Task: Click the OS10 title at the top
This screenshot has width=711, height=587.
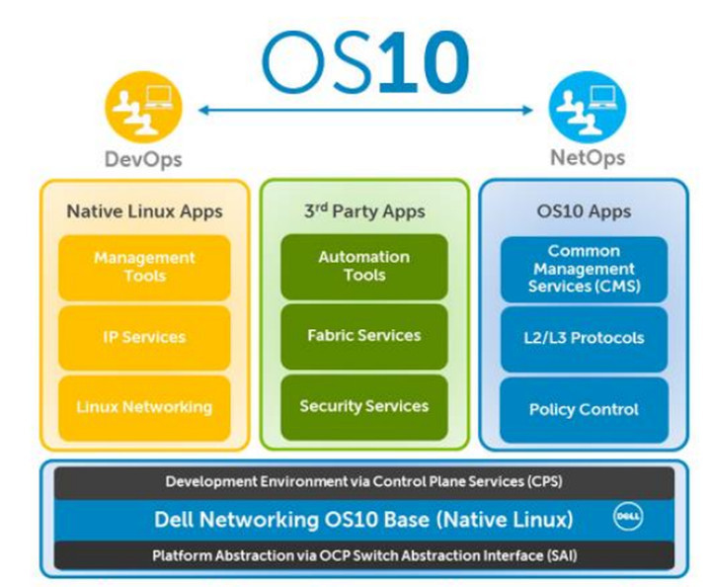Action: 364,63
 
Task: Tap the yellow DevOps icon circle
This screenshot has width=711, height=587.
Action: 143,111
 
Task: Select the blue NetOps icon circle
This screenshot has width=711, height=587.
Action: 587,111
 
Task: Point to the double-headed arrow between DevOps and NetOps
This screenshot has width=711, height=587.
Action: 364,111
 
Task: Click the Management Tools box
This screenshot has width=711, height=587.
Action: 144,267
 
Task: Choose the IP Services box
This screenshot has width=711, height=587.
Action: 144,337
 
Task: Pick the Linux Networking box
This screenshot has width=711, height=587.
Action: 144,406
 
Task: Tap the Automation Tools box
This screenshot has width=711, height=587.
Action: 363,267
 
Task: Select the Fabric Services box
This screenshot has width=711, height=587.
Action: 363,336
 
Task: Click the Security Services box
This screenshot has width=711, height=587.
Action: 363,406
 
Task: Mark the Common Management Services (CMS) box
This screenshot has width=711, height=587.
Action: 584,269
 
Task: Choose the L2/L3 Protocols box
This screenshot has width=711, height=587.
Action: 584,338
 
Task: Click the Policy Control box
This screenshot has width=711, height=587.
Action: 584,409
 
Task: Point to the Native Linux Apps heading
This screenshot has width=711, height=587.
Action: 144,210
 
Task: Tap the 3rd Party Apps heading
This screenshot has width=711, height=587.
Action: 363,210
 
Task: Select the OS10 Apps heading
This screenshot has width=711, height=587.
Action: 584,210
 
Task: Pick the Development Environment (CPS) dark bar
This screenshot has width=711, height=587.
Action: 363,481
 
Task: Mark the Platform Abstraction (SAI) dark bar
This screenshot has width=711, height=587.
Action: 363,555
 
